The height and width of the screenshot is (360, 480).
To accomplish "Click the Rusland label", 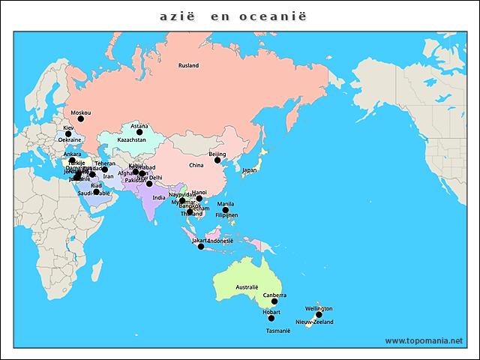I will point(188,66).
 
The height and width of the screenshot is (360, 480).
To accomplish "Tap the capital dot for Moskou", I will point(81,118).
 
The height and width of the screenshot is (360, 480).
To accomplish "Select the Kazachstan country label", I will point(132,140).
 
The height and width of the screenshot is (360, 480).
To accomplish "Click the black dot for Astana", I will point(139,132).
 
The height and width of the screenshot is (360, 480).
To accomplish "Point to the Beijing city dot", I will point(217,160).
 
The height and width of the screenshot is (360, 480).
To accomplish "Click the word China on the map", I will point(196,165).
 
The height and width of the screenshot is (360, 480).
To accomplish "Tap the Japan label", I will point(250,170).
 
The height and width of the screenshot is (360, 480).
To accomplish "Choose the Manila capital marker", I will point(226,210).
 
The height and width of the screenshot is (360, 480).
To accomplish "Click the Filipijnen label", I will point(226,215).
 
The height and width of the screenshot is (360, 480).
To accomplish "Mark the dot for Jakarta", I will point(200,246).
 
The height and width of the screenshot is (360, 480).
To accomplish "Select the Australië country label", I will point(247,287).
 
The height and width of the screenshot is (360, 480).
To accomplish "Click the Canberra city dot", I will point(274,301).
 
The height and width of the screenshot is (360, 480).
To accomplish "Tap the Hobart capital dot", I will point(271,318).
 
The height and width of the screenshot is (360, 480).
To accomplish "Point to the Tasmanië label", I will point(277,331).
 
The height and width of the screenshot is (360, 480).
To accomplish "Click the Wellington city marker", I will point(319,314).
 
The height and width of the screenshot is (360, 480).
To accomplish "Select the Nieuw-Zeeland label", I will point(314,322).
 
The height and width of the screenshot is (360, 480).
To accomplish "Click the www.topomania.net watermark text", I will point(424,340).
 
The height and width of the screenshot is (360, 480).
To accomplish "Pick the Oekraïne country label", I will point(70,140).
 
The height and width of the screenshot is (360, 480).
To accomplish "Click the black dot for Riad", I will point(96,192).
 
